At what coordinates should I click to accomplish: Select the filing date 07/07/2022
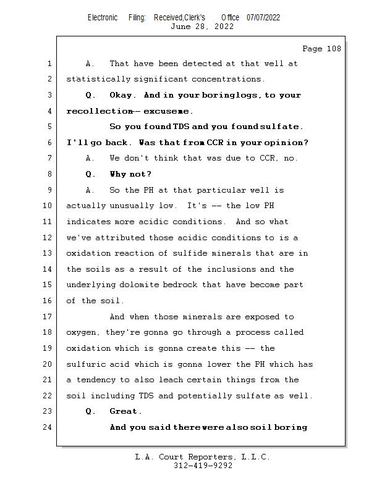pos(263,17)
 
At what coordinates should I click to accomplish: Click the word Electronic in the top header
pos(103,17)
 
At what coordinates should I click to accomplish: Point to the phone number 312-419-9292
pos(203,466)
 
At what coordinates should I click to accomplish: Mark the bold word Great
pos(125,411)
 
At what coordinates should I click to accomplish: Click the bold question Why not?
pos(130,174)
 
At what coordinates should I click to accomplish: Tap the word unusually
pos(132,206)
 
